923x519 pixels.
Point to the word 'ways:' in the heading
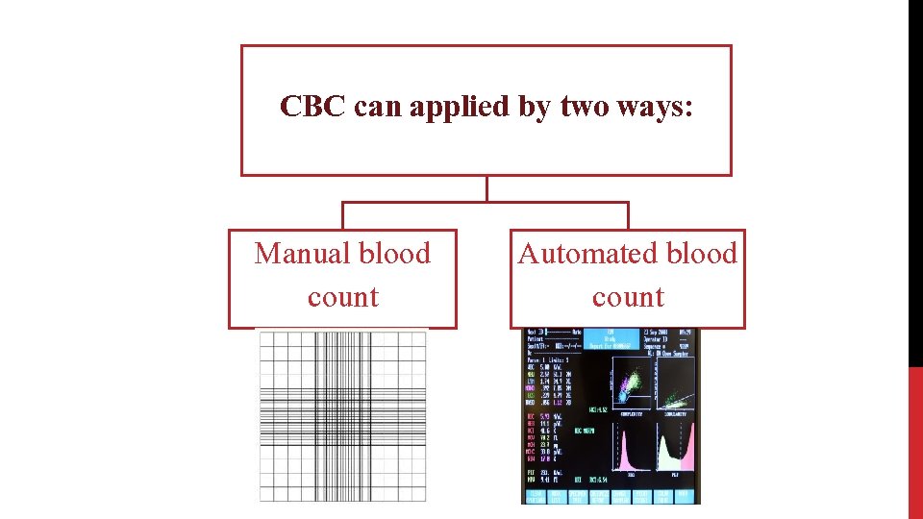[x=662, y=107]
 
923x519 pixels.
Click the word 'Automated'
[x=581, y=254]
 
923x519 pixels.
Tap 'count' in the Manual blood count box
[x=342, y=297]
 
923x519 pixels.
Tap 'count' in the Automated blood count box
[x=628, y=297]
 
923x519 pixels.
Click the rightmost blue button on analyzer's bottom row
[x=684, y=495]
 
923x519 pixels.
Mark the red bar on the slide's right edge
[x=915, y=442]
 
